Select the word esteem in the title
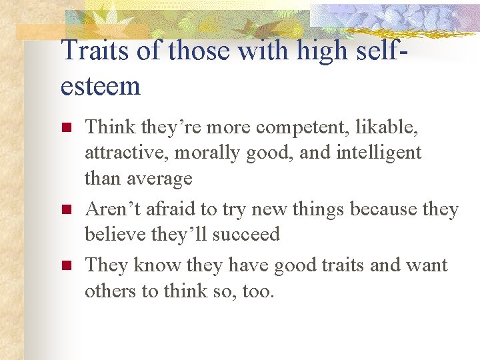coord(101,86)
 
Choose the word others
coord(111,291)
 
